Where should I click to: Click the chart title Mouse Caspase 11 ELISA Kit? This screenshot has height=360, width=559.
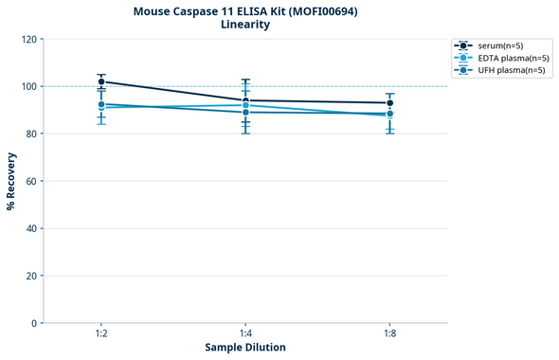tap(244, 10)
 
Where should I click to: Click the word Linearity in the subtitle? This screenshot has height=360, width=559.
tap(244, 25)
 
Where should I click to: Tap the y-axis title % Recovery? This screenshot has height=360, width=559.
tap(11, 181)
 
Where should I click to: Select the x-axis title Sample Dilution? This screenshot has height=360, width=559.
tap(245, 348)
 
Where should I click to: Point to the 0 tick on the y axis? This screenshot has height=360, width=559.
tap(34, 323)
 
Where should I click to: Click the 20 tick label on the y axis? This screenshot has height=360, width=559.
tap(31, 276)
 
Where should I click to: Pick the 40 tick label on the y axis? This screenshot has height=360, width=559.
tap(31, 228)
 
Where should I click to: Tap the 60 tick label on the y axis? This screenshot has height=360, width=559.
tap(31, 181)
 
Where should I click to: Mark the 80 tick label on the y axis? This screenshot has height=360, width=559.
tap(31, 134)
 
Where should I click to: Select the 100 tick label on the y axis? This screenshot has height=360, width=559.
tap(28, 86)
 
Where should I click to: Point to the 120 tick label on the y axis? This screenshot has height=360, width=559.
tap(28, 40)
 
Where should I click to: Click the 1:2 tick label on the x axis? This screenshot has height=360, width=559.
tap(101, 333)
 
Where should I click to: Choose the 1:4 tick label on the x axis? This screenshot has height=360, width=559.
tap(245, 333)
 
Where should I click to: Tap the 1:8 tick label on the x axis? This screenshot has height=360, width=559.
tap(389, 333)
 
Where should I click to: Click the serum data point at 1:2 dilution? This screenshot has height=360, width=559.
tap(101, 81)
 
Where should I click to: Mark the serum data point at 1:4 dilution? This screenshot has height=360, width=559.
tap(245, 100)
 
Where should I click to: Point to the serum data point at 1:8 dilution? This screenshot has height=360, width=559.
tap(389, 103)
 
